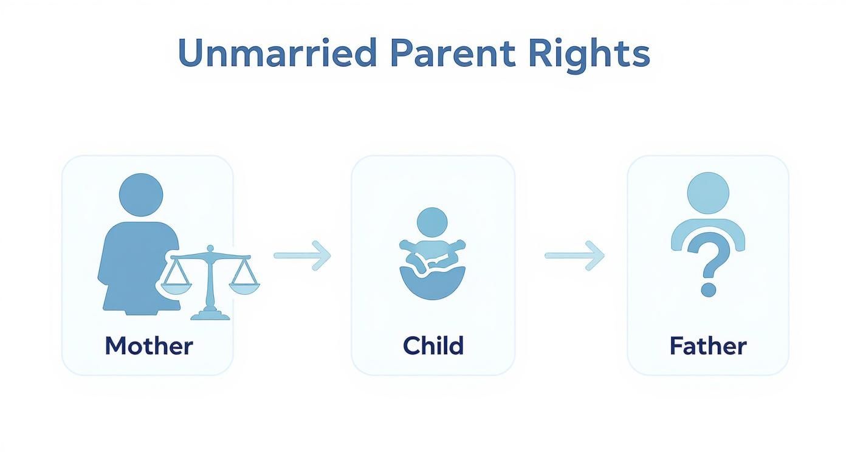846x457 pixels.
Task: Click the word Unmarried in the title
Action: click(x=277, y=53)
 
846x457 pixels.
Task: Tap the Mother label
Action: click(x=148, y=346)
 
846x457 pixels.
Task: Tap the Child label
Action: click(x=433, y=346)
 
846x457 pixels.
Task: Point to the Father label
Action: click(x=707, y=346)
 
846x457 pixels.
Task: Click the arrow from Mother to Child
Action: click(x=302, y=255)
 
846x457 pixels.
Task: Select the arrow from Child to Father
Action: click(x=574, y=255)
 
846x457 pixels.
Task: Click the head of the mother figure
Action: click(x=141, y=194)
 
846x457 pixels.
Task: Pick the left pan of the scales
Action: click(x=176, y=289)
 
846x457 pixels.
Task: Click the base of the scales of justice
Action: click(x=210, y=315)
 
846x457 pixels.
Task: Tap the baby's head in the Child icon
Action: click(x=432, y=222)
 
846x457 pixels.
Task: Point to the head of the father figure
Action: click(x=707, y=193)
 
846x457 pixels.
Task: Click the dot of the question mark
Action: click(x=707, y=289)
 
